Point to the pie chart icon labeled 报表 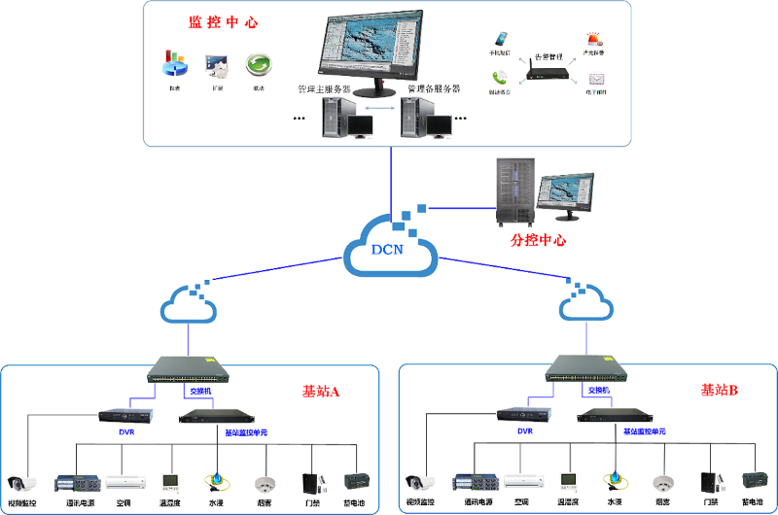coord(173,65)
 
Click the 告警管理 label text coord(549,57)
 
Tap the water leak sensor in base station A coord(216,481)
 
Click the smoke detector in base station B coord(663,482)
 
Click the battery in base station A coord(358,482)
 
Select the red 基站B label coord(720,391)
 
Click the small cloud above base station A coord(189,305)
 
